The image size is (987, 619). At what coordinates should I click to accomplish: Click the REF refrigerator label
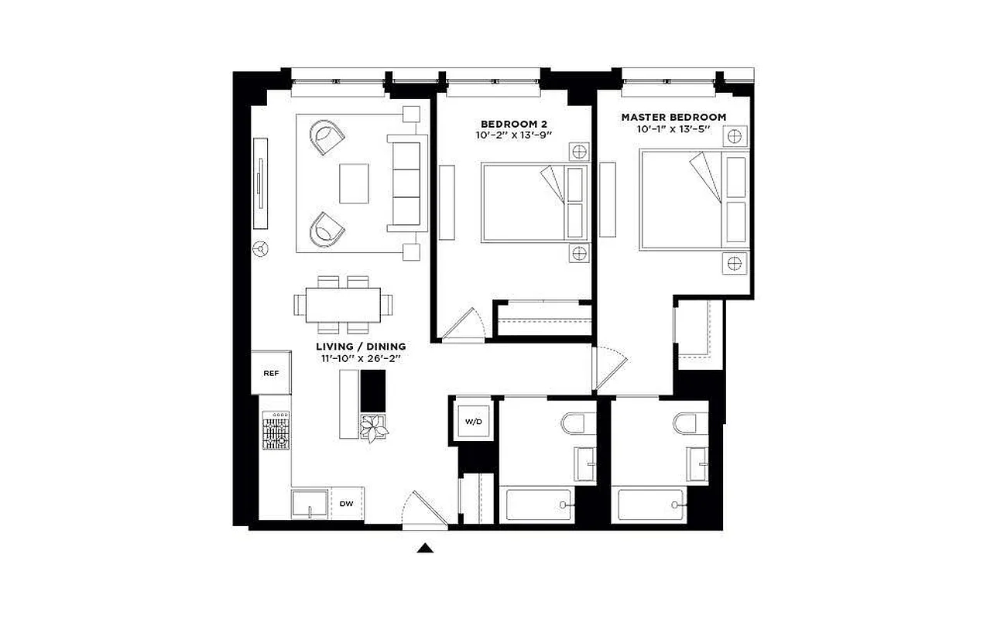(271, 373)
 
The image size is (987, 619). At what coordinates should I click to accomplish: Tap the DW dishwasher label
(346, 504)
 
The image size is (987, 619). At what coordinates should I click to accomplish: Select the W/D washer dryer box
(472, 421)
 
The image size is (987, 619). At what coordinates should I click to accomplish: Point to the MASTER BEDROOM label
(673, 118)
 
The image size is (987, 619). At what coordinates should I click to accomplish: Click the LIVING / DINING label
(361, 347)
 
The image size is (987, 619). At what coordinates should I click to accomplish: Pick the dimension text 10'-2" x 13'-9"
(513, 135)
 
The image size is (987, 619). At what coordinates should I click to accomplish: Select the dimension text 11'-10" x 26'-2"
(361, 359)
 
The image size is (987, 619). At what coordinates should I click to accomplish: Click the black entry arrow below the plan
(424, 549)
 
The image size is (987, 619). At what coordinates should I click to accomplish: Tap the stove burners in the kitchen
(276, 431)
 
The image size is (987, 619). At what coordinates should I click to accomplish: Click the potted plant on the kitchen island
(374, 427)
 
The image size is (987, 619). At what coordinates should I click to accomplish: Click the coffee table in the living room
(354, 183)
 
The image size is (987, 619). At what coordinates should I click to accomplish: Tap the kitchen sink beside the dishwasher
(310, 504)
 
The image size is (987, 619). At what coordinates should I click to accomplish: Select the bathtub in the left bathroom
(539, 505)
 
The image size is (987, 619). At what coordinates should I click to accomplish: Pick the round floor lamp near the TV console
(261, 249)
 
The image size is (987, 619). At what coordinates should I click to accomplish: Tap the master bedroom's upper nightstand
(735, 137)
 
